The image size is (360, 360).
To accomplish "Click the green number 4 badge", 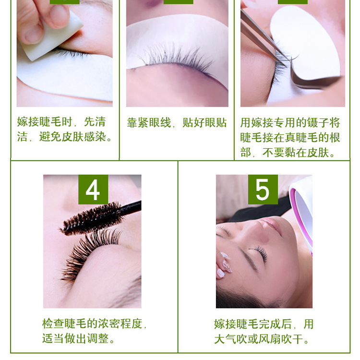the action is [93, 190].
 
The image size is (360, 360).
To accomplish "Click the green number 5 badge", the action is [263, 190].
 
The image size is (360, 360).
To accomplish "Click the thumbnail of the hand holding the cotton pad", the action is [64, 53].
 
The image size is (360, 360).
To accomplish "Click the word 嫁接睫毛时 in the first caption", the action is [45, 122].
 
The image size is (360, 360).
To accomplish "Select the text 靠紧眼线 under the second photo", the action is [149, 122].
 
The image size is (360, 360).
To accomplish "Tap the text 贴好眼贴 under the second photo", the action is [204, 122].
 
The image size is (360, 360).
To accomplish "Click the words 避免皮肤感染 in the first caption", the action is [72, 137].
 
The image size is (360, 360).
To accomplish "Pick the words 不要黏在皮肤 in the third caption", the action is [296, 153].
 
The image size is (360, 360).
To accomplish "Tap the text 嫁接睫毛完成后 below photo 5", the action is [253, 324].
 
